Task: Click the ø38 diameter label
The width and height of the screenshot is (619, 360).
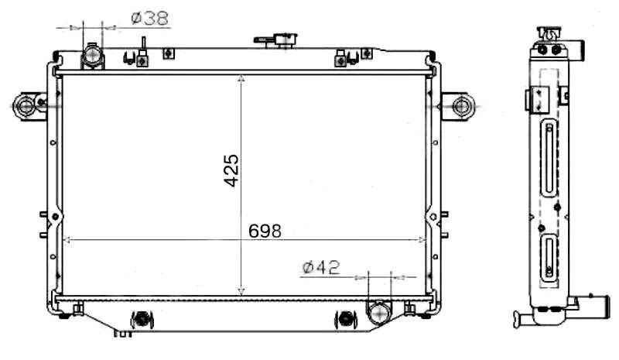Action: point(150,18)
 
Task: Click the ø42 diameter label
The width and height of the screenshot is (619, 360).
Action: point(321,268)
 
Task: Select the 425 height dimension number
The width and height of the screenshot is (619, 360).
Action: point(231,170)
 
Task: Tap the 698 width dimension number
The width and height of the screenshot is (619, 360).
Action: point(265,231)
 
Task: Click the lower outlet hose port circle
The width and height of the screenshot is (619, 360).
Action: point(379,312)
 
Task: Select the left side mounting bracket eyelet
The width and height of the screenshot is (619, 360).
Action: point(26,106)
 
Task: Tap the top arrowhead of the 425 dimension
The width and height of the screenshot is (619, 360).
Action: point(241,79)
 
